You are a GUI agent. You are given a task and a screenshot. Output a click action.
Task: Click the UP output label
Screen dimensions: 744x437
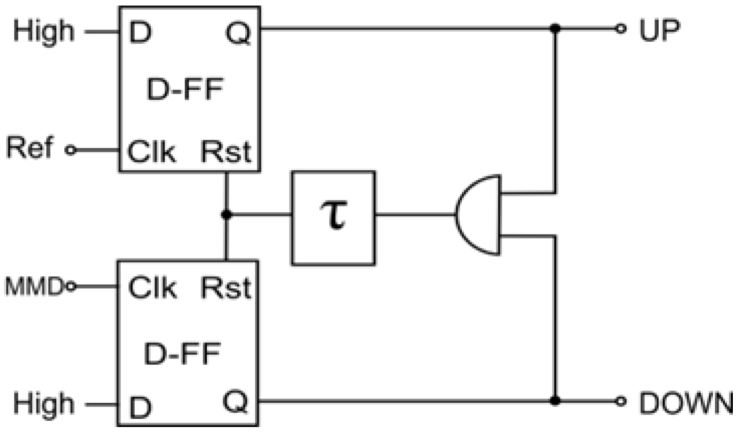660,30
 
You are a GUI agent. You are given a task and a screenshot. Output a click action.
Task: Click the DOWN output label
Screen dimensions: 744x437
686,404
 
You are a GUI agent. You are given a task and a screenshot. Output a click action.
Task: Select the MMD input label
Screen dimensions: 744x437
33,287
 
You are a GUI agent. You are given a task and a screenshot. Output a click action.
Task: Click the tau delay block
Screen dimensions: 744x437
333,218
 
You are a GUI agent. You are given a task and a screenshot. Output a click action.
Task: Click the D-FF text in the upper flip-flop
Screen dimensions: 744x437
185,89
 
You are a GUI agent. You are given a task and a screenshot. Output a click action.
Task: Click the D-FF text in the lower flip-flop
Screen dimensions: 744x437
182,354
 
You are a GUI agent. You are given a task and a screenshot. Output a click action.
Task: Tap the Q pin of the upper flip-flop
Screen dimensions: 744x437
238,33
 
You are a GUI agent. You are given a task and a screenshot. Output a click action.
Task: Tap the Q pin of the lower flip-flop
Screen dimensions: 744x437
235,402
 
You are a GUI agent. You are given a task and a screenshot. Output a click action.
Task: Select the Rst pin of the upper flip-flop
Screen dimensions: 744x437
226,152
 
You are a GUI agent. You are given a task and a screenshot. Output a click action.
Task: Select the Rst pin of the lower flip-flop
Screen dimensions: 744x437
226,287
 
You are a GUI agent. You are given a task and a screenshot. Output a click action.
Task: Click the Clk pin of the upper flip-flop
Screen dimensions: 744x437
151,152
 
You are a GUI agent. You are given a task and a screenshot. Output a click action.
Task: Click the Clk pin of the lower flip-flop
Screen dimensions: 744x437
153,287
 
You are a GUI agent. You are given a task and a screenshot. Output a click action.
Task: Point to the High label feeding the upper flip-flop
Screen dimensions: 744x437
44,32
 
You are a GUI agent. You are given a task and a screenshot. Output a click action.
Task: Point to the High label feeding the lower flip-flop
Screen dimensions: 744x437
44,404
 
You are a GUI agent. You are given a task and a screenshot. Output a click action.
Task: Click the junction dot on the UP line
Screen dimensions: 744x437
554,28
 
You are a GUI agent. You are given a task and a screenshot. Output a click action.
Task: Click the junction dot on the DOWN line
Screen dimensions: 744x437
554,401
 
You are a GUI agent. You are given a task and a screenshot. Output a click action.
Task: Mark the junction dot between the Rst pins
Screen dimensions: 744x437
227,215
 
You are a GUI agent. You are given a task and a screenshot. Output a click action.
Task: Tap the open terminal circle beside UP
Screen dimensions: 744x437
620,28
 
